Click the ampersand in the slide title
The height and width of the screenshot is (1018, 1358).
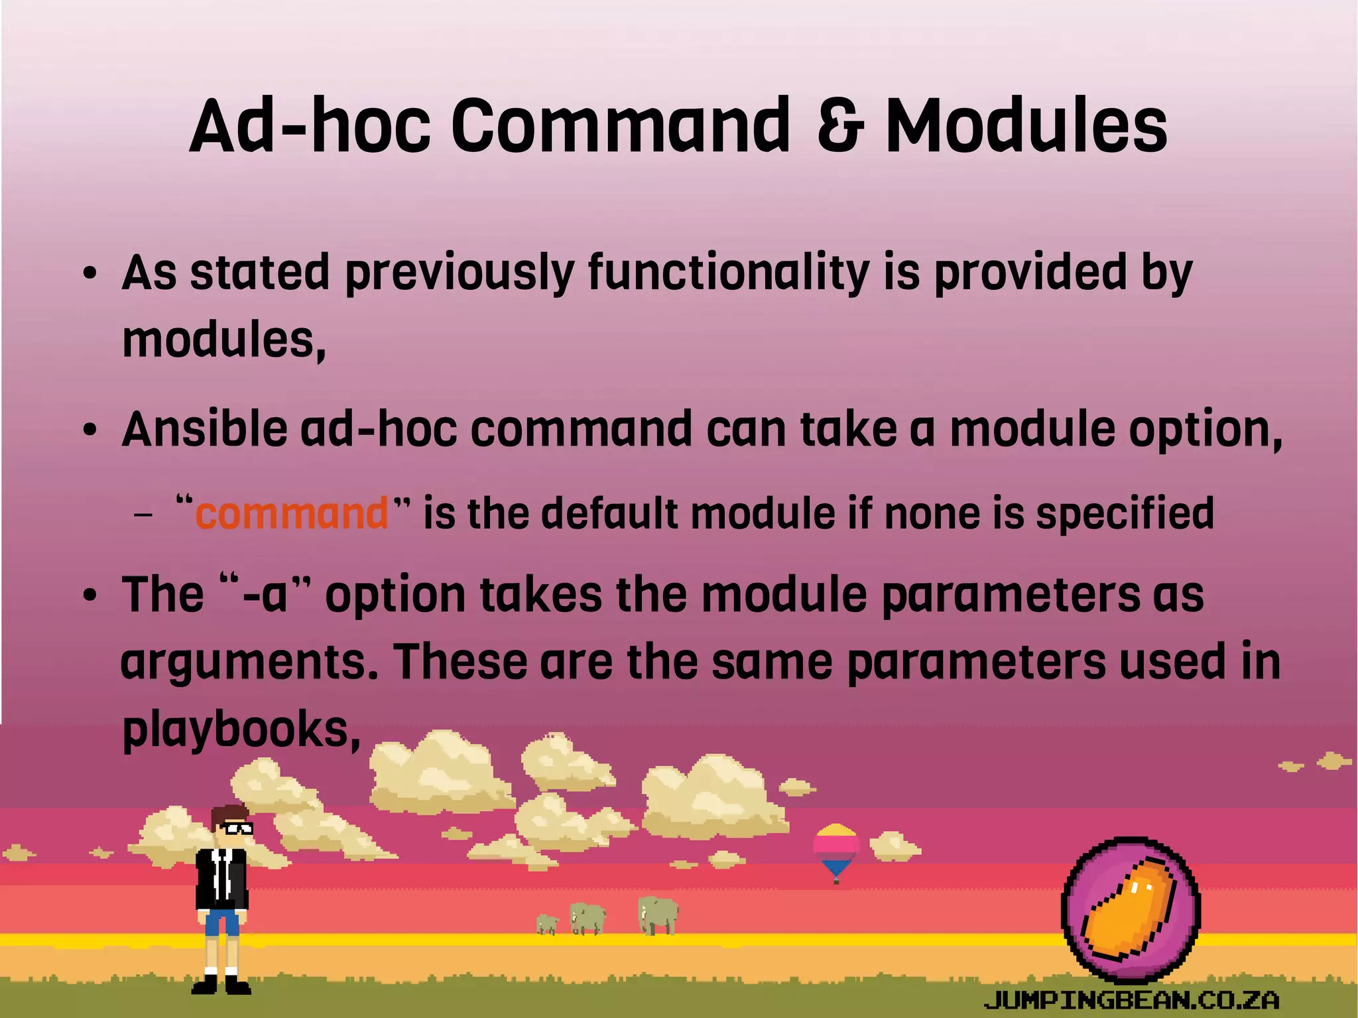[840, 126]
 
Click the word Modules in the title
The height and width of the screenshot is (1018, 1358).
[1026, 126]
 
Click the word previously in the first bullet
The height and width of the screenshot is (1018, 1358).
[459, 273]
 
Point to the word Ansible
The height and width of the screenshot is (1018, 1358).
[204, 429]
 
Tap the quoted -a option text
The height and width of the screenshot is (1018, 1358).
[265, 594]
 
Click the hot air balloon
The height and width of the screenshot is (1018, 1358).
[836, 851]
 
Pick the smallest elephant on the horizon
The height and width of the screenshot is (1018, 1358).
[547, 923]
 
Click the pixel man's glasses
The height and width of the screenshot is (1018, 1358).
[237, 828]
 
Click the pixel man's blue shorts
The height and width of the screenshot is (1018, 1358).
[221, 922]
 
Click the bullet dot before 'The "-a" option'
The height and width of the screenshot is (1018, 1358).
[90, 595]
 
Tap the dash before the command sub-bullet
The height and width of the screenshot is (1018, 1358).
[143, 515]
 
